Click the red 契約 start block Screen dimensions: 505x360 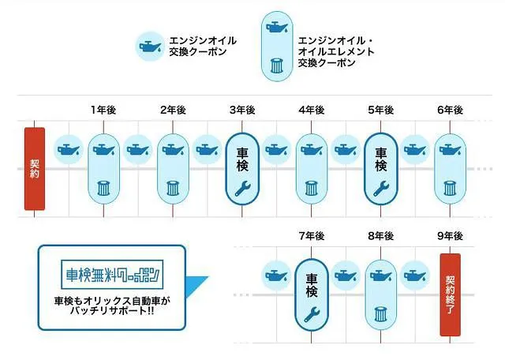(35, 169)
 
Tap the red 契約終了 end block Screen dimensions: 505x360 (450, 294)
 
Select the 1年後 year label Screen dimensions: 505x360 (103, 111)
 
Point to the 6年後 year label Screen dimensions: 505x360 (450, 111)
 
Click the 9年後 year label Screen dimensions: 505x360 (450, 236)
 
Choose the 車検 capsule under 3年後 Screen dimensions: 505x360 (242, 169)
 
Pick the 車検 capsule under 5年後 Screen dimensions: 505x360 (381, 169)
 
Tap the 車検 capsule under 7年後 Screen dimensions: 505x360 (312, 294)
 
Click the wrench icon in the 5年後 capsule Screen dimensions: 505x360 (381, 189)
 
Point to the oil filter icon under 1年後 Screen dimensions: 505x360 (103, 189)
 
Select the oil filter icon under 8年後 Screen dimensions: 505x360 (381, 314)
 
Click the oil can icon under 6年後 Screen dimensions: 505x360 (450, 150)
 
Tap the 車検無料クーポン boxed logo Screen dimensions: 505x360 (112, 275)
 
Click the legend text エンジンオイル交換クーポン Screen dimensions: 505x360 (203, 46)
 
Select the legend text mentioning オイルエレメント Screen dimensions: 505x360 (336, 51)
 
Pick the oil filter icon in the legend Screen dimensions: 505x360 (277, 66)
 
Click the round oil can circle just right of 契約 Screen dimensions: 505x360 (69, 150)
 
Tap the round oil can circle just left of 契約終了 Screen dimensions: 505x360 (415, 276)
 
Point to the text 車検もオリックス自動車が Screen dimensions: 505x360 (112, 302)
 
